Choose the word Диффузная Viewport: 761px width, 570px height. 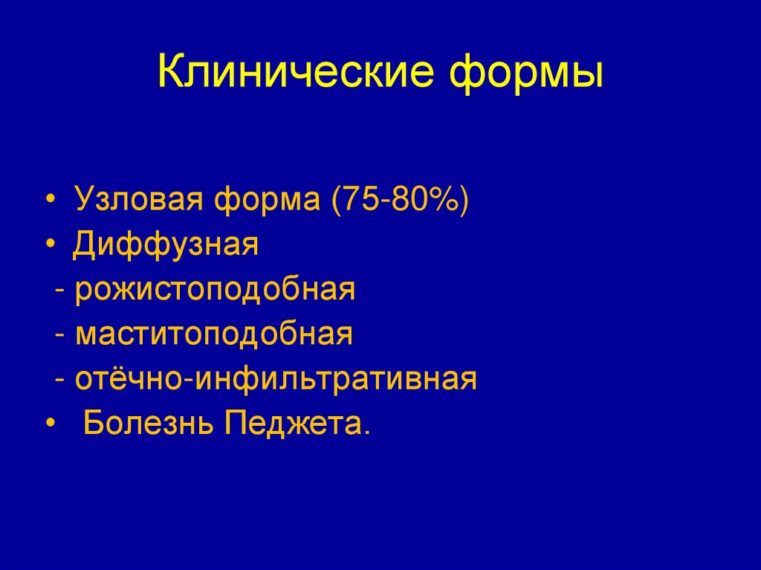click(x=166, y=245)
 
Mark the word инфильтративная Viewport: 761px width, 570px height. click(x=336, y=379)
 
